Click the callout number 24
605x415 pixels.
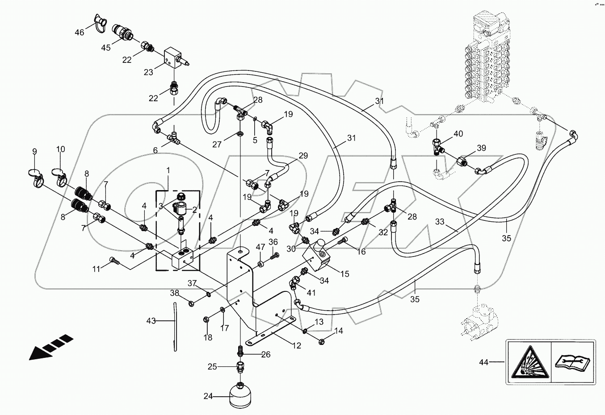(x=209, y=396)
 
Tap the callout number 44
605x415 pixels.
(x=484, y=362)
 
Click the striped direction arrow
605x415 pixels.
(x=50, y=346)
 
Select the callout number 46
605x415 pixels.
(x=79, y=32)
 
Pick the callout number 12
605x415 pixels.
(x=296, y=345)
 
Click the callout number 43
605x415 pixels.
(x=151, y=321)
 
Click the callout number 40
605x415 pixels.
(x=458, y=133)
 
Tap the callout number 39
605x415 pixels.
(x=481, y=148)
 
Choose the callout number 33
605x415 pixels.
(x=440, y=221)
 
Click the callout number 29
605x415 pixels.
(x=303, y=155)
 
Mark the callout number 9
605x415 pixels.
(x=34, y=152)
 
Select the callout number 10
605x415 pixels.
(x=61, y=149)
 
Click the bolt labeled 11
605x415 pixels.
(x=114, y=262)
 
